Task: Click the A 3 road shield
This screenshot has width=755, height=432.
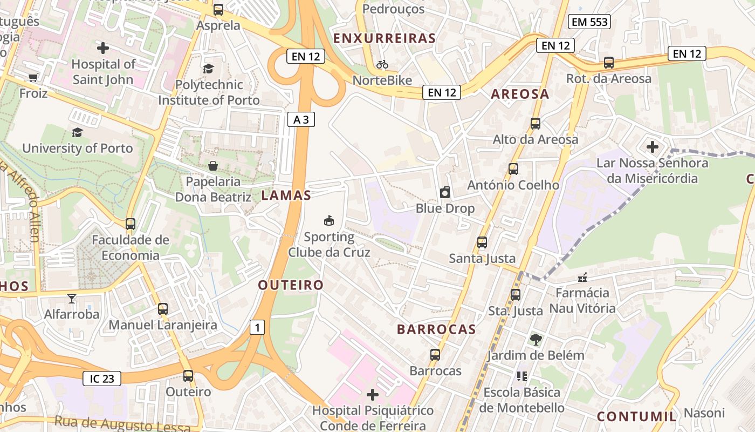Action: tap(301, 119)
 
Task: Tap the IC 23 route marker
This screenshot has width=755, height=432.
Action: tap(102, 379)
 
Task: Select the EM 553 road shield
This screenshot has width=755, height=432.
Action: tap(589, 22)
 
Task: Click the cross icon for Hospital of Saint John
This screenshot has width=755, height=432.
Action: tap(103, 48)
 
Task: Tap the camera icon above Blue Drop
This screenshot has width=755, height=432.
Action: tap(445, 192)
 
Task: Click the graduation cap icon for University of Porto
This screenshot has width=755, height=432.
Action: tap(77, 132)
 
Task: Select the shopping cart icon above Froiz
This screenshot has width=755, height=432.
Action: tap(33, 78)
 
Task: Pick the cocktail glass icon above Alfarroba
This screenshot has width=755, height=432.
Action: tap(71, 298)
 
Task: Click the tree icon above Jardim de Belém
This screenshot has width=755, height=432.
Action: tap(536, 340)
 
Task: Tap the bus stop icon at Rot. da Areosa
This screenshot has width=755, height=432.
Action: tap(609, 63)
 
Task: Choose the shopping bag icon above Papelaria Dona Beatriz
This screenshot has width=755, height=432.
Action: tap(213, 166)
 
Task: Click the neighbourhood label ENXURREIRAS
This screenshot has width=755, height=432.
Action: tap(385, 38)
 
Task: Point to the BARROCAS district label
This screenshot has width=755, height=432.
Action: tap(436, 329)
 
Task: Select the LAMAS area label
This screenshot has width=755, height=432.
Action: tap(286, 195)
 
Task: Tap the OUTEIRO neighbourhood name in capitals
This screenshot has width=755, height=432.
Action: tap(291, 285)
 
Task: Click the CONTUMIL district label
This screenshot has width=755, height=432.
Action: tap(636, 416)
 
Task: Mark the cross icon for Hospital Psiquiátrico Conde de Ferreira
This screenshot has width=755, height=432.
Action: tap(373, 394)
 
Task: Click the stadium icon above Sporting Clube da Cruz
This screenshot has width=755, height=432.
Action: tap(328, 220)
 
